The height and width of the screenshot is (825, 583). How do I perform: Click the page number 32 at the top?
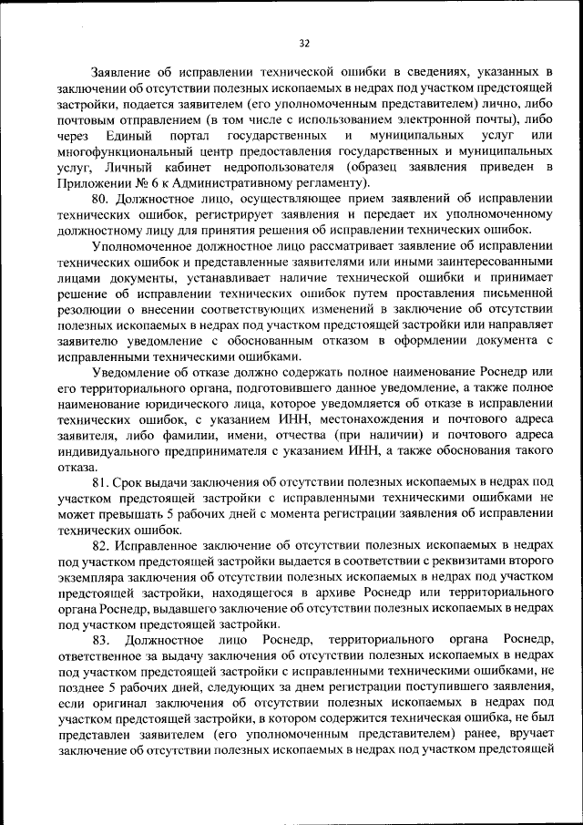pyautogui.click(x=304, y=41)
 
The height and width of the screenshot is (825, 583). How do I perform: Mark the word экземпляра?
pyautogui.click(x=90, y=576)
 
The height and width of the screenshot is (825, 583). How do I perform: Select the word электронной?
pyautogui.click(x=439, y=119)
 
